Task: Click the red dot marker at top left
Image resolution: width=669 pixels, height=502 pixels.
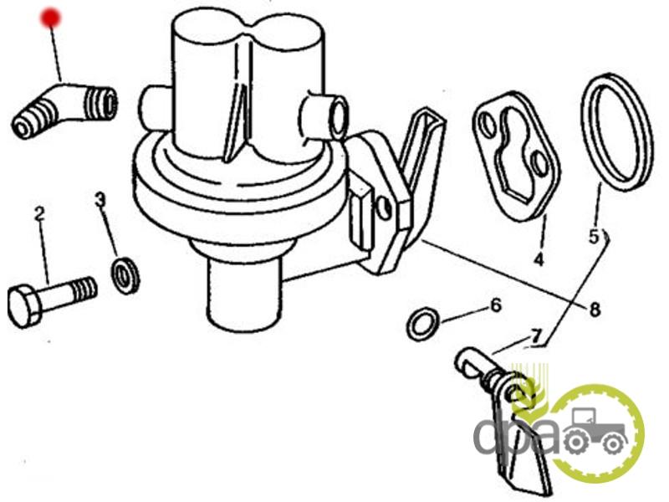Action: pyautogui.click(x=51, y=18)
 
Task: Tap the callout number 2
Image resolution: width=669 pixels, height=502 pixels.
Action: pyautogui.click(x=39, y=214)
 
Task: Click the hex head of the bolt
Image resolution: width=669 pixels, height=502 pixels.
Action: pyautogui.click(x=25, y=306)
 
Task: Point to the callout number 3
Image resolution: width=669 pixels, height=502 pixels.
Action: pyautogui.click(x=100, y=200)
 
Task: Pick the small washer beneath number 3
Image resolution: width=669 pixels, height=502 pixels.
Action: pyautogui.click(x=125, y=275)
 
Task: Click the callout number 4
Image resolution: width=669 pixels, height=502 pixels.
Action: pyautogui.click(x=539, y=259)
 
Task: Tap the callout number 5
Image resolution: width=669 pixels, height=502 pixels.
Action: pyautogui.click(x=595, y=237)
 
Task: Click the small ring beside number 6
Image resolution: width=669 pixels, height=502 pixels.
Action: pyautogui.click(x=423, y=324)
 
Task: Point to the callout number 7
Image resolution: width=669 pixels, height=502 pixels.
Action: pyautogui.click(x=536, y=336)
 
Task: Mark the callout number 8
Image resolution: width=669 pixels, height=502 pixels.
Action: pyautogui.click(x=595, y=310)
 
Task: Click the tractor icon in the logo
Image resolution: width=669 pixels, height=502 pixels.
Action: pyautogui.click(x=594, y=430)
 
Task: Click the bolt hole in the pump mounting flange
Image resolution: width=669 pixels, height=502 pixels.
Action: pyautogui.click(x=384, y=208)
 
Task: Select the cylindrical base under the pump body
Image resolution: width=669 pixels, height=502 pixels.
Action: pyautogui.click(x=243, y=292)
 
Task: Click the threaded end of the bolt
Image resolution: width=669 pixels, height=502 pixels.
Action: pyautogui.click(x=85, y=288)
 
